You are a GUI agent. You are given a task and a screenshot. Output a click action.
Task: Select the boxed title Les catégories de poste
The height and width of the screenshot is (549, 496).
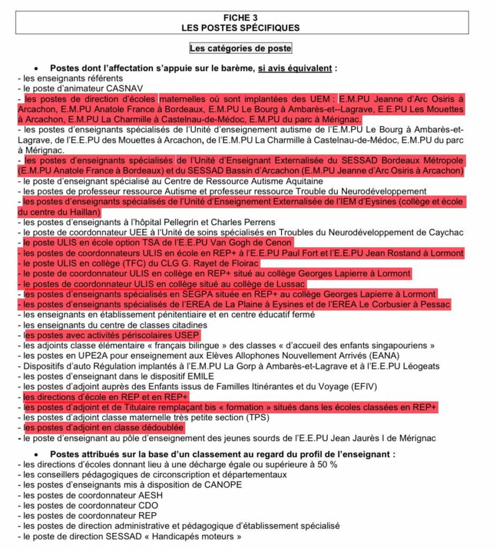pyautogui.click(x=241, y=48)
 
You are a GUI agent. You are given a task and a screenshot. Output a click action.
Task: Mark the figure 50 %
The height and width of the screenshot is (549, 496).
pyautogui.click(x=328, y=464)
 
